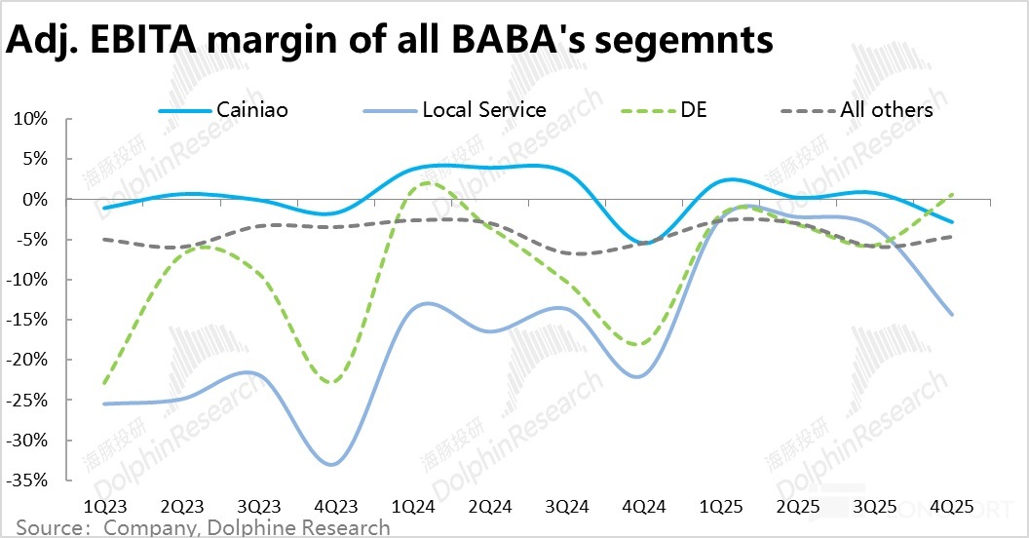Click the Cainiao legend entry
click(251, 110)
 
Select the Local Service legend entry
click(484, 110)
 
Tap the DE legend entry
click(695, 110)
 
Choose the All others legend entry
click(886, 110)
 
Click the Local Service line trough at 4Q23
click(332, 464)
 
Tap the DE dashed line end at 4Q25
click(951, 194)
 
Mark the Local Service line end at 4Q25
click(951, 314)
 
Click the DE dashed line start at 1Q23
click(103, 383)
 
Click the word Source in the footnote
click(48, 528)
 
